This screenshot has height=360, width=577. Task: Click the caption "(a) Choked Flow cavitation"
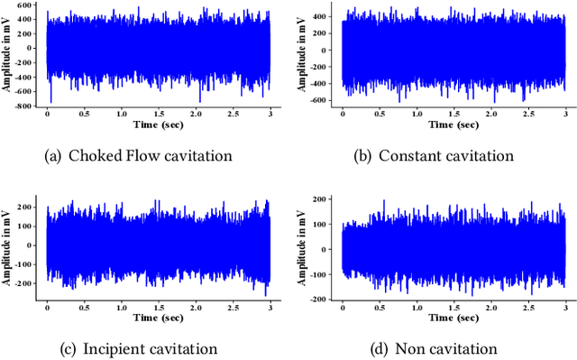click(x=139, y=155)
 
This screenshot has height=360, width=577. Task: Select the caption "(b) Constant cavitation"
click(x=434, y=155)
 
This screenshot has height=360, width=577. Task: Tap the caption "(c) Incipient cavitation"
click(x=139, y=348)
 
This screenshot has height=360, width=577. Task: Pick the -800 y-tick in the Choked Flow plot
click(x=28, y=106)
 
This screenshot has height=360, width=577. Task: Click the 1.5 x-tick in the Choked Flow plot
click(x=159, y=115)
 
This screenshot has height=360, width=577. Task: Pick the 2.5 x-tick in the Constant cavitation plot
click(x=527, y=115)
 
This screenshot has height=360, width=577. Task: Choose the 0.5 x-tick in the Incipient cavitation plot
click(x=84, y=308)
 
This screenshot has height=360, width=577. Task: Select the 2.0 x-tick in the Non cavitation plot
click(x=490, y=308)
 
